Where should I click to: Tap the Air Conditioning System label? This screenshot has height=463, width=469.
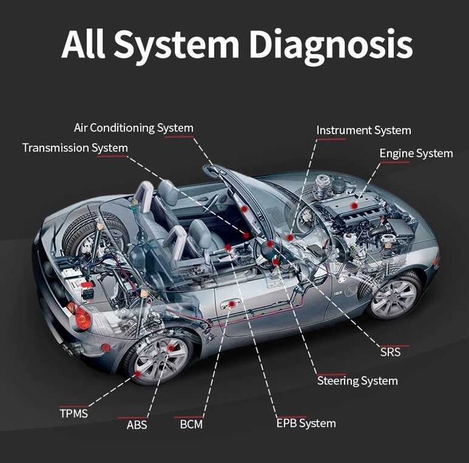pos(133,128)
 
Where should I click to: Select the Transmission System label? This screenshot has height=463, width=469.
pos(75,147)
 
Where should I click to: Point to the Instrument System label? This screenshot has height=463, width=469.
pos(363,130)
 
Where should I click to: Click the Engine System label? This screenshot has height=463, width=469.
pos(416,153)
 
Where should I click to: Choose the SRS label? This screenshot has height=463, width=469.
pos(390,352)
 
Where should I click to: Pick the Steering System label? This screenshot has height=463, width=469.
pos(357,380)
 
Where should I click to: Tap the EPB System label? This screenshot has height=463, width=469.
pos(306,423)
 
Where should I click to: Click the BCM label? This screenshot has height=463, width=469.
pos(191,424)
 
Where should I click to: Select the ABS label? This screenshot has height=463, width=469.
pos(137,425)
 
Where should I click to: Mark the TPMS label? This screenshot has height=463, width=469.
pos(73,414)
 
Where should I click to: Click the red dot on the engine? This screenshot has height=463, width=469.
pos(355,206)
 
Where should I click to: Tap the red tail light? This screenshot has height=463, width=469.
pos(82,318)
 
